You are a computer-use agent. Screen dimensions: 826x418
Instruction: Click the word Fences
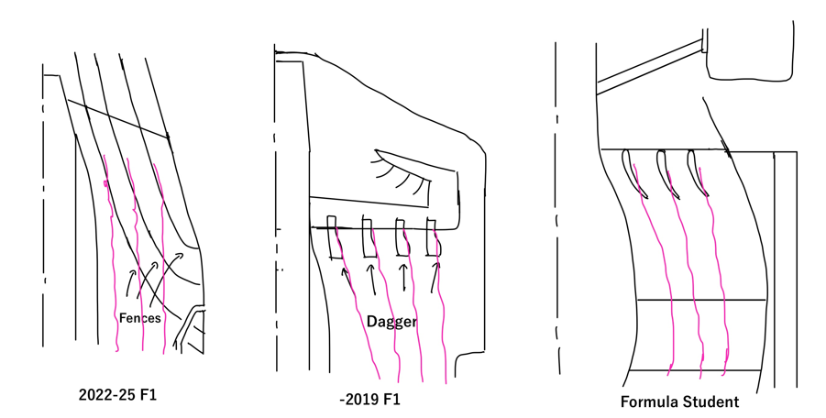point(139,318)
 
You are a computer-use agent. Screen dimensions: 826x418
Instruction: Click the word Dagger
point(391,322)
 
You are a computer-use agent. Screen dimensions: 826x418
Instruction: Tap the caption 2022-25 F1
point(117,395)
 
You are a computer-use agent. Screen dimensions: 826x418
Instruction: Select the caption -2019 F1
point(369,400)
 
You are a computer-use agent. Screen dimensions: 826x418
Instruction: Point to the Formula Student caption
point(679,401)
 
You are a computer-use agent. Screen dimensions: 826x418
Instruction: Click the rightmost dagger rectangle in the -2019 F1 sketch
point(433,237)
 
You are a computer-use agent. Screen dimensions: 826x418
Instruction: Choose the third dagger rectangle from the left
point(402,237)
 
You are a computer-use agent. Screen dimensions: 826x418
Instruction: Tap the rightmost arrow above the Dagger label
point(435,277)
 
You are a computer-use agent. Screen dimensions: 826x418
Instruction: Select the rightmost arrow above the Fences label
point(166,277)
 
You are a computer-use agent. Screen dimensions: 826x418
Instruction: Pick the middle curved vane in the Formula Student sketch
point(666,174)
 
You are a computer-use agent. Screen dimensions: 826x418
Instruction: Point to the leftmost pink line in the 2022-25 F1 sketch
point(112,253)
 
